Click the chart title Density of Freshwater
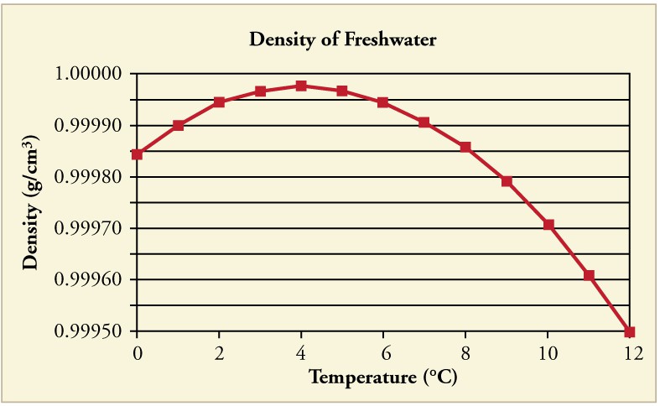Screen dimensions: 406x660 click(x=343, y=39)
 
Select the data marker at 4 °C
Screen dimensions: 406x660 click(x=301, y=86)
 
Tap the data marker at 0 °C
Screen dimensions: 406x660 click(x=137, y=154)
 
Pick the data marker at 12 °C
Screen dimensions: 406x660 click(x=630, y=332)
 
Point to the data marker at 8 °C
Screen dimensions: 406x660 click(x=465, y=148)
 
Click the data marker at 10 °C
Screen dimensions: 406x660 click(x=548, y=225)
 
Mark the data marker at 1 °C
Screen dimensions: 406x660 click(x=178, y=126)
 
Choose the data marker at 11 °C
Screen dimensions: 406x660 click(x=589, y=275)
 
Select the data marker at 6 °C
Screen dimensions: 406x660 click(x=383, y=102)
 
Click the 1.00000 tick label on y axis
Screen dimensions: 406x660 click(x=89, y=74)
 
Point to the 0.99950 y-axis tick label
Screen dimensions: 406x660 click(x=89, y=332)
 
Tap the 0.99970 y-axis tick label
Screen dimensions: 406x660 click(x=89, y=229)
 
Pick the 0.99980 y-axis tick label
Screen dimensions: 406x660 click(x=89, y=177)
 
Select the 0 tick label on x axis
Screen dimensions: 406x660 click(x=137, y=352)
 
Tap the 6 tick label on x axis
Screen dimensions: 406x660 click(x=383, y=352)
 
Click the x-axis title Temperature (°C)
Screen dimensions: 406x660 click(x=383, y=377)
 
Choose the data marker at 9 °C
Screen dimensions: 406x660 click(x=507, y=181)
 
